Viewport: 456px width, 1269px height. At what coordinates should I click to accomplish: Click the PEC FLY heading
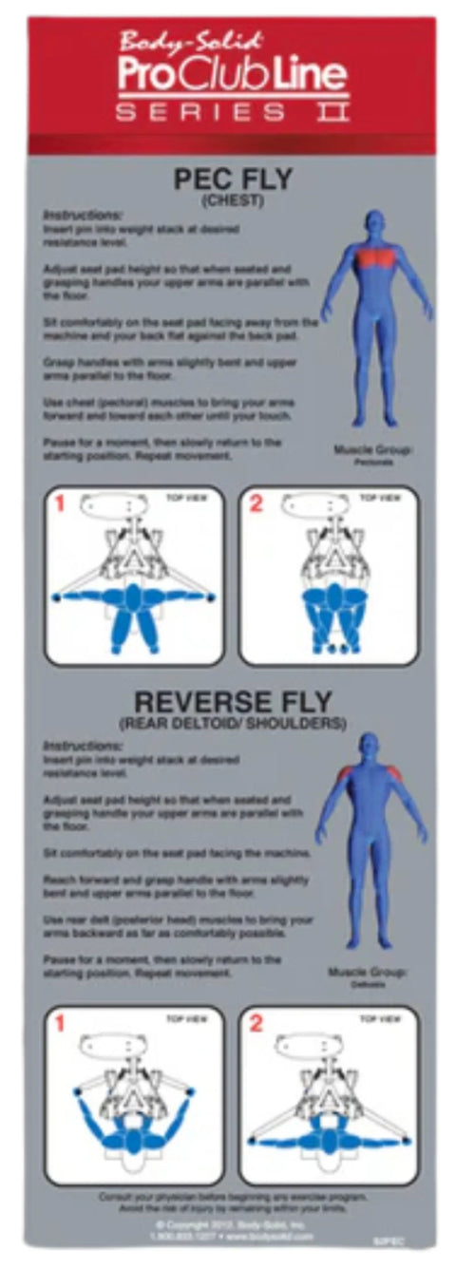(x=232, y=180)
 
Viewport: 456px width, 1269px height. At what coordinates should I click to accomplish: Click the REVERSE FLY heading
(x=232, y=704)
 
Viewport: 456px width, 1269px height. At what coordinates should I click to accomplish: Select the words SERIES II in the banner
(x=232, y=112)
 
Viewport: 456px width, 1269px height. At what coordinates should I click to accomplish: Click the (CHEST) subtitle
(x=232, y=200)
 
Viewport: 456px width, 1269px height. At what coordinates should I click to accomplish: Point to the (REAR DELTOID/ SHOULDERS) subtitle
(x=232, y=725)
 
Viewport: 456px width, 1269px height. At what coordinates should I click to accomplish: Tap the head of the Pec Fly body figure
(x=377, y=225)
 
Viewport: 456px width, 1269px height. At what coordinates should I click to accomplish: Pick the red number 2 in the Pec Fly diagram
(x=255, y=504)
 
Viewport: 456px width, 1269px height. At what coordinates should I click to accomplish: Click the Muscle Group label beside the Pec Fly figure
(x=373, y=449)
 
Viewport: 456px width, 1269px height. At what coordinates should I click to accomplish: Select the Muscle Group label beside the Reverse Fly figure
(x=366, y=972)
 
